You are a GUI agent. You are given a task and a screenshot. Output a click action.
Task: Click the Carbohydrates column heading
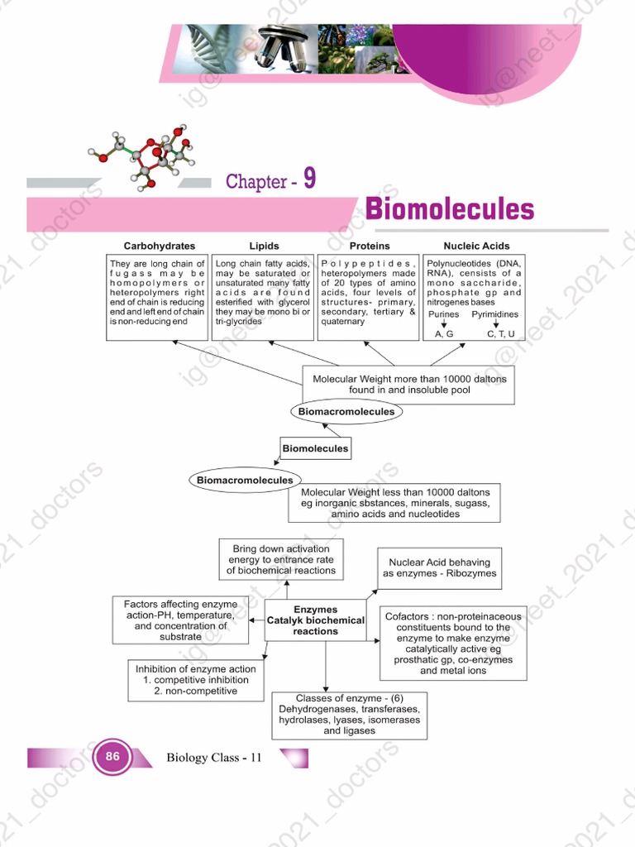160,246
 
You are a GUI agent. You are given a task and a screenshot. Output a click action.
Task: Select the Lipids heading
264,246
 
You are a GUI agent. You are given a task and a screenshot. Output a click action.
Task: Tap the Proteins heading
370,246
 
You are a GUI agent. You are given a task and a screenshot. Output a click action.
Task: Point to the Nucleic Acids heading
476,246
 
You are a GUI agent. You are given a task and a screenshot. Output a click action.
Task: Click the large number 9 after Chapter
309,179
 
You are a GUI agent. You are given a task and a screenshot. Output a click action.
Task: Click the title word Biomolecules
450,208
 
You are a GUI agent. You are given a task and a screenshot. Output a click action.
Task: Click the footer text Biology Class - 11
214,757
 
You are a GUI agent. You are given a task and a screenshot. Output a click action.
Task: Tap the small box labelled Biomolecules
315,448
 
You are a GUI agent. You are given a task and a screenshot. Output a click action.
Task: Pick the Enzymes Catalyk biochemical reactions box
315,620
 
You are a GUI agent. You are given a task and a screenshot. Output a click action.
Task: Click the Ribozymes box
439,568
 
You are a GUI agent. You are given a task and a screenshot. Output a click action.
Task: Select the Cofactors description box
453,644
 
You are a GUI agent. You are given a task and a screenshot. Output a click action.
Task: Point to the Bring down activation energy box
281,560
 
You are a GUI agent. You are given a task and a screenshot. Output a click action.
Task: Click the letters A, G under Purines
444,333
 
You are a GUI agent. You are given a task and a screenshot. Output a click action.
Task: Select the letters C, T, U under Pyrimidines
501,333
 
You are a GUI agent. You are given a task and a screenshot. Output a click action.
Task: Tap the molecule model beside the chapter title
149,155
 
